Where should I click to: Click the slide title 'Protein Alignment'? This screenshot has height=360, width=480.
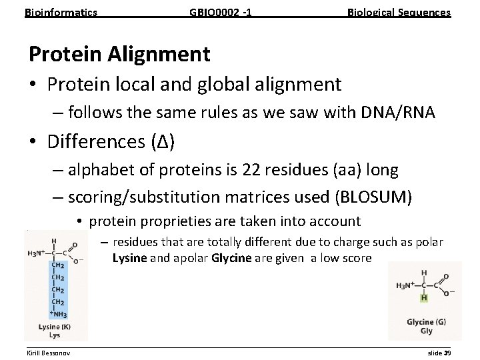[x=119, y=53]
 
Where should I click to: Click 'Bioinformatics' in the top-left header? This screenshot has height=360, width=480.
[x=61, y=12]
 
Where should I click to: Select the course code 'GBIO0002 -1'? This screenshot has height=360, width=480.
[x=221, y=12]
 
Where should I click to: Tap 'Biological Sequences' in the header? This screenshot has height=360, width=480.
[x=399, y=12]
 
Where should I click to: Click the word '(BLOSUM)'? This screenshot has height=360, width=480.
[x=374, y=197]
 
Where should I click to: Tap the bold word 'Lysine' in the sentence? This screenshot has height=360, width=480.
[x=129, y=257]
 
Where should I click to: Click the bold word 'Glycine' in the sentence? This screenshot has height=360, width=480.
[x=231, y=257]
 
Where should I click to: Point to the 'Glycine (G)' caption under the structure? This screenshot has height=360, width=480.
[x=426, y=322]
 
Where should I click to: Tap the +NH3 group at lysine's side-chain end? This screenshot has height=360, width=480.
[x=57, y=314]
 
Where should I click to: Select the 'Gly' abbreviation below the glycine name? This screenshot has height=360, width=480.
[x=426, y=331]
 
